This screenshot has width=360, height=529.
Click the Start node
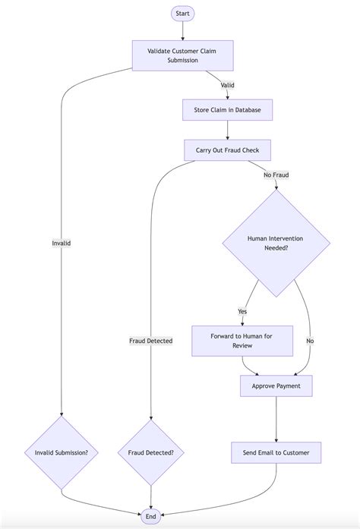pos(182,14)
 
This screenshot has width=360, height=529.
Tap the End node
pos(151,516)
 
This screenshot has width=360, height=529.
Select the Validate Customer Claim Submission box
pos(182,55)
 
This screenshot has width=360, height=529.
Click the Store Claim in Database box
pos(227,110)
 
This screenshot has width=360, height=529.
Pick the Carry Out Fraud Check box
pos(227,150)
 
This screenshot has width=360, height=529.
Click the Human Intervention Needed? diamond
pos(276,243)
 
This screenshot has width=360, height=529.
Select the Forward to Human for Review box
pos(242,341)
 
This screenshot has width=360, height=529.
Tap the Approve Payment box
pos(276,386)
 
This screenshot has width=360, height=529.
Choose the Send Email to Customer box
pos(276,453)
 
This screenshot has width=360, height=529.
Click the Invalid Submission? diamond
pos(62,453)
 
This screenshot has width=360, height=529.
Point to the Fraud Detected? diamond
pos(151,453)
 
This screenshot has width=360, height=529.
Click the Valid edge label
pos(227,85)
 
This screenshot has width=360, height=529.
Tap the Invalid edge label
pos(62,243)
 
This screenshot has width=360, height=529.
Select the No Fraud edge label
pos(276,175)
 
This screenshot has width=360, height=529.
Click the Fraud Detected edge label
pos(151,341)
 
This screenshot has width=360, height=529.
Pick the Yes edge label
pos(242,311)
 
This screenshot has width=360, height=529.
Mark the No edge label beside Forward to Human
pos(310,341)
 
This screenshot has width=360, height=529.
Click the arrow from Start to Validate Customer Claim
pos(182,30)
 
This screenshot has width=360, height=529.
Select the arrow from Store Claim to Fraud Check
pos(227,130)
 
